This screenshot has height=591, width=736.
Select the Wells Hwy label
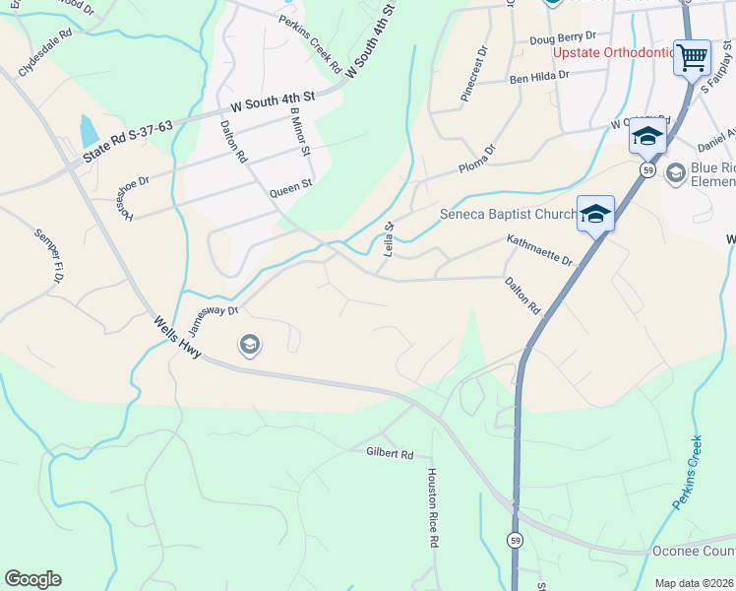(177, 338)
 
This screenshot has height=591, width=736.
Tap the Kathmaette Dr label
(539, 250)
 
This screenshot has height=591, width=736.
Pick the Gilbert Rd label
(392, 454)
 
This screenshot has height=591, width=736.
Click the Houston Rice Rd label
(432, 506)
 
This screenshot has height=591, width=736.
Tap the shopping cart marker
(692, 56)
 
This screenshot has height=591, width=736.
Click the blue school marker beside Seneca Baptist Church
(596, 213)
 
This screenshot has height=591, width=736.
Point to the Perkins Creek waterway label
(688, 473)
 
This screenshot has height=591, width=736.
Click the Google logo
(32, 579)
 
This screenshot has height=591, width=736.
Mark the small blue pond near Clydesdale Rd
(89, 129)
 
